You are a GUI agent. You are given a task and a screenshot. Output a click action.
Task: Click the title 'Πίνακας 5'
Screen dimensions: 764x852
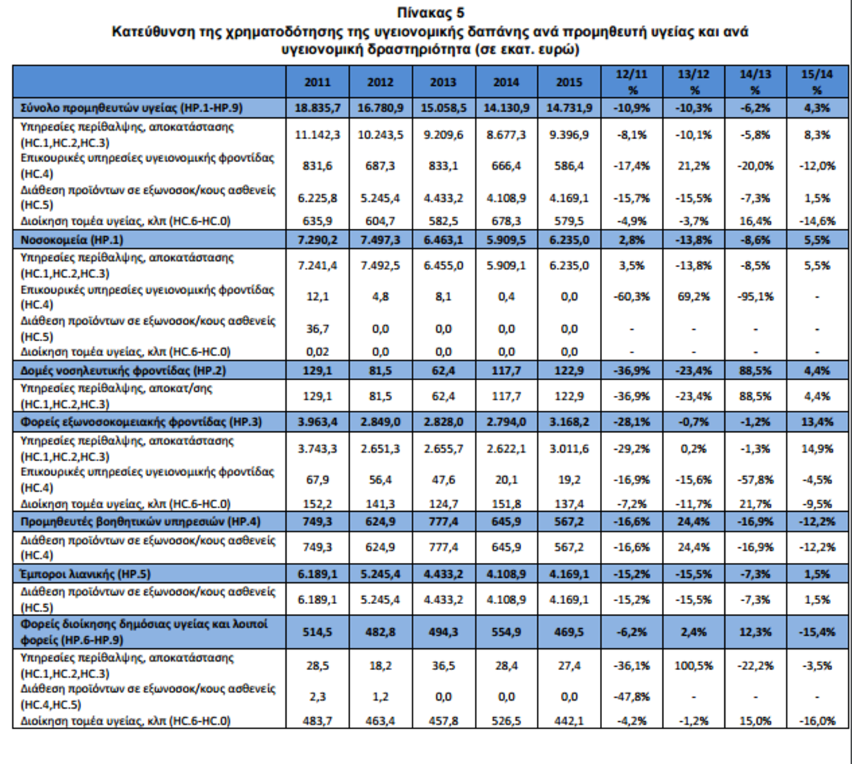click(x=431, y=12)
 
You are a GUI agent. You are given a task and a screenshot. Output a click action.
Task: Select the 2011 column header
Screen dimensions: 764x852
click(x=317, y=82)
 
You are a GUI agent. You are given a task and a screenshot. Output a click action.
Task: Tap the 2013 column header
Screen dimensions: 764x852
click(x=443, y=82)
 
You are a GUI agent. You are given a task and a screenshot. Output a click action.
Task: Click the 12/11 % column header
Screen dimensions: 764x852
click(x=632, y=82)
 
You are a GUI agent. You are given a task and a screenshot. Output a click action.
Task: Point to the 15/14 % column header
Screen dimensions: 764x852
click(x=817, y=82)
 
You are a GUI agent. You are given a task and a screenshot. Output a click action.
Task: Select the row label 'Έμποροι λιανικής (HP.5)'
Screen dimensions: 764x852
click(x=85, y=574)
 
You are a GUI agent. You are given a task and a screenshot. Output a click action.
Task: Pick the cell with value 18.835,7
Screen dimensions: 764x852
click(x=317, y=108)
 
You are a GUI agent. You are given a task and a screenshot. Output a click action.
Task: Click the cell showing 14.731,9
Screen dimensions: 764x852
click(x=569, y=108)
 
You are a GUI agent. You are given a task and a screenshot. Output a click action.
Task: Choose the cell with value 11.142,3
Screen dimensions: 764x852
click(x=317, y=135)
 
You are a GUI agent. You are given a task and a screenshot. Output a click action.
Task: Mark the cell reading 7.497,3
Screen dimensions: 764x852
click(x=380, y=240)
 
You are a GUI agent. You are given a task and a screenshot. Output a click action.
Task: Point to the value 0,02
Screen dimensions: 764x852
click(x=317, y=352)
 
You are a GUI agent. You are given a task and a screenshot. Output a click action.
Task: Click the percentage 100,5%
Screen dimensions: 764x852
click(x=694, y=666)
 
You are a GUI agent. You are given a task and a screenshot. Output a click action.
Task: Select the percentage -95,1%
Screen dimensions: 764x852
click(x=755, y=296)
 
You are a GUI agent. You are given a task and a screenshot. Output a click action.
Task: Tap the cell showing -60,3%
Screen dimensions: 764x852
click(x=632, y=296)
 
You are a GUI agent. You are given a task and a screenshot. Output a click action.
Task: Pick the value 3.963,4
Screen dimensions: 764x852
click(x=317, y=422)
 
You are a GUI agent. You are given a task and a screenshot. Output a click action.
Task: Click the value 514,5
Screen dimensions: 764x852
click(x=317, y=632)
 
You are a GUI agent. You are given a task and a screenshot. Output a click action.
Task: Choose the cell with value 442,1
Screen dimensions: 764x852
click(x=569, y=721)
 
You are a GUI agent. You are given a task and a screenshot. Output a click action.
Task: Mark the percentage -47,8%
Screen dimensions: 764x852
click(x=632, y=697)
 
